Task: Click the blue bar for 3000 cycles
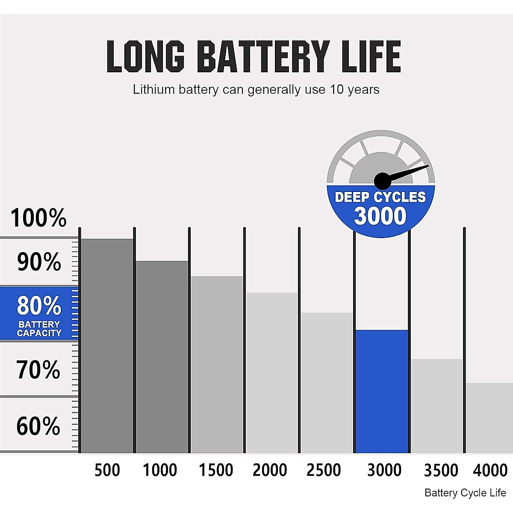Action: click(381, 391)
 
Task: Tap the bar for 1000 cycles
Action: click(162, 357)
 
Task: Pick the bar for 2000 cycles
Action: click(271, 372)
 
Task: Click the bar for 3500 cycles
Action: click(436, 406)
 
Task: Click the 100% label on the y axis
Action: click(38, 218)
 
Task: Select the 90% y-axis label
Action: click(39, 262)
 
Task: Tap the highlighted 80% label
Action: click(39, 306)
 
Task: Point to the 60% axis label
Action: click(38, 426)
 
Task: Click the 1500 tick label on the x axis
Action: click(216, 470)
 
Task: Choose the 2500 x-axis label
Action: click(324, 470)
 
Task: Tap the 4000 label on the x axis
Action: click(490, 470)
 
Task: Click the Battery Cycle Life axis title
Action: click(465, 493)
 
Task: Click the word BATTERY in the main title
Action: click(263, 56)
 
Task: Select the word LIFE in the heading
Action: click(372, 56)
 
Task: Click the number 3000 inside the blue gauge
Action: click(380, 216)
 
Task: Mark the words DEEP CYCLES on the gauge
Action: click(380, 197)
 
